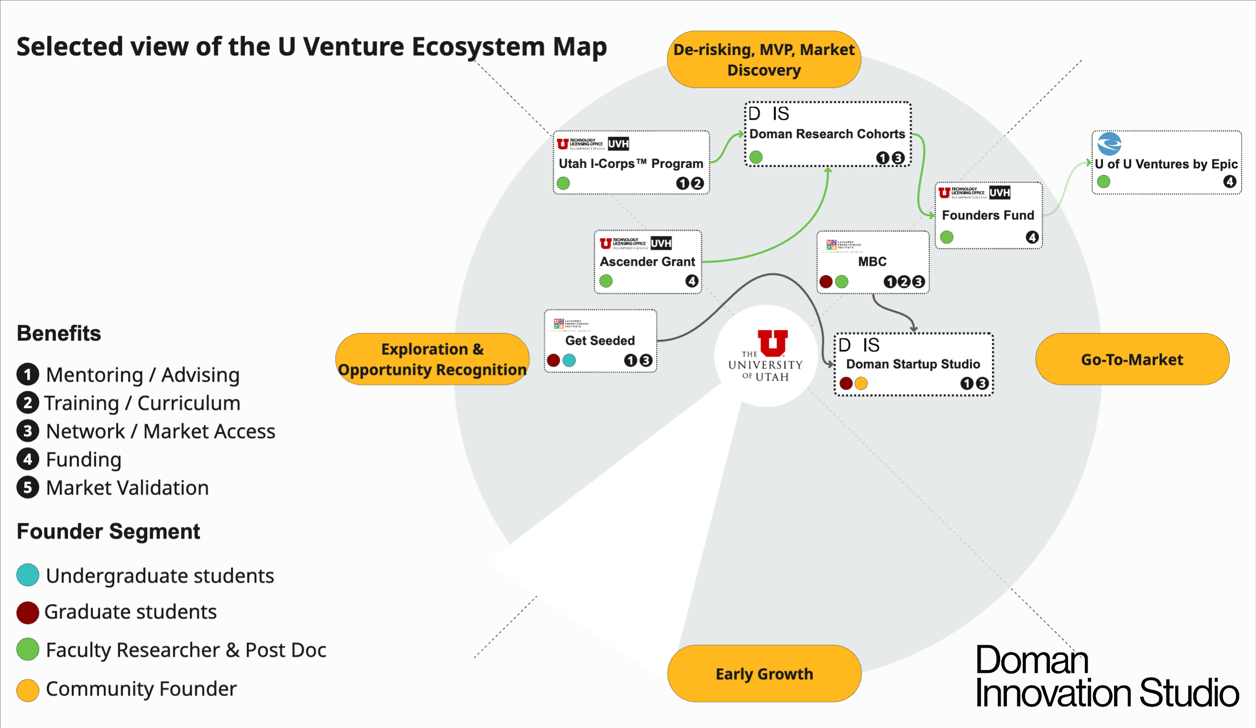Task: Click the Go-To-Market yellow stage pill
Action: click(x=1132, y=360)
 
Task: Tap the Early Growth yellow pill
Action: click(x=764, y=673)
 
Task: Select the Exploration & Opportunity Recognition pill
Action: click(x=432, y=360)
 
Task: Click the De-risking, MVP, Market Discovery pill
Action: click(x=764, y=59)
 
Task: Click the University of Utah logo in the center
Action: click(x=766, y=355)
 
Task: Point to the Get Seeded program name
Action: click(x=600, y=341)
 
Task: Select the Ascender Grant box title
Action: click(x=647, y=262)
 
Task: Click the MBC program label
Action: click(x=872, y=262)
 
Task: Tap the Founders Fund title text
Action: click(x=988, y=215)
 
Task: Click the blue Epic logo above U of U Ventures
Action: click(x=1110, y=144)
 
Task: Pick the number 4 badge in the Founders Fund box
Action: click(x=1032, y=237)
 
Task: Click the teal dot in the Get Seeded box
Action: click(x=569, y=361)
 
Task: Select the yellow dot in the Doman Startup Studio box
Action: click(x=861, y=384)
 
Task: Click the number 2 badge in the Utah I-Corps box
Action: click(x=697, y=184)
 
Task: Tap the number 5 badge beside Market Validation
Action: click(x=28, y=488)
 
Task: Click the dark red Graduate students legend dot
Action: click(x=28, y=613)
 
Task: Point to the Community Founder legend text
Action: click(x=141, y=689)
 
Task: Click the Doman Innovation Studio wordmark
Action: click(x=1106, y=677)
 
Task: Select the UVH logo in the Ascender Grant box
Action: click(x=661, y=243)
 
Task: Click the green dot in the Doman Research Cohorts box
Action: click(x=756, y=157)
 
